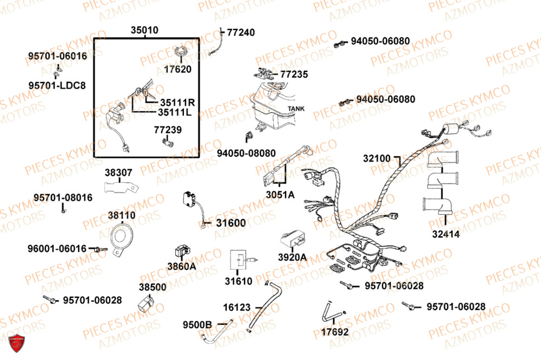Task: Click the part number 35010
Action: click(144, 31)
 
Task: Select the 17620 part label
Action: click(178, 69)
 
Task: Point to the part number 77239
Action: click(168, 130)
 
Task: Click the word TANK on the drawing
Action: click(296, 109)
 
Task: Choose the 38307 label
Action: click(118, 173)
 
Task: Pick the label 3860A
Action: click(181, 266)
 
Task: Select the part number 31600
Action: click(230, 223)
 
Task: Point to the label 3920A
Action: click(292, 257)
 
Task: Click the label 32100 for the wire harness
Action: click(377, 159)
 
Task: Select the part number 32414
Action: click(445, 235)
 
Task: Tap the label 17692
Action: click(335, 332)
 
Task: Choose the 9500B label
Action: click(197, 325)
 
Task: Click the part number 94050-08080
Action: click(246, 153)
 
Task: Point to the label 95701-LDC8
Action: click(57, 85)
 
